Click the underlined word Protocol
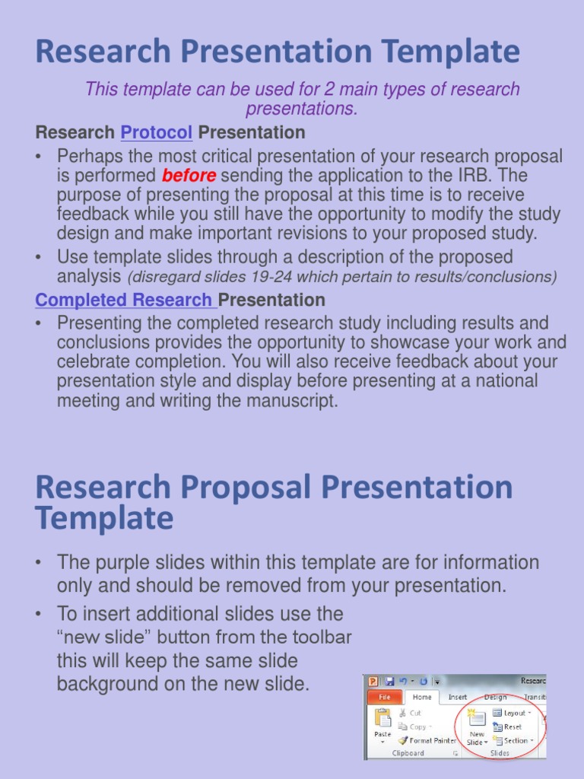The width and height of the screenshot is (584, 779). [156, 132]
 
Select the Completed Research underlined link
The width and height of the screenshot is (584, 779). [123, 300]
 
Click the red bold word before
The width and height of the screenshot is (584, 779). [189, 176]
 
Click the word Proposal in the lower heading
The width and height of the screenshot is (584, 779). [232, 488]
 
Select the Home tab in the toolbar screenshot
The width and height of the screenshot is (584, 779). [421, 696]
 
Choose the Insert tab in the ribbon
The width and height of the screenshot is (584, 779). [458, 696]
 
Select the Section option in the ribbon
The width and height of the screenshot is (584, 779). [515, 740]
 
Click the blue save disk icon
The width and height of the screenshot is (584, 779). [389, 681]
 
